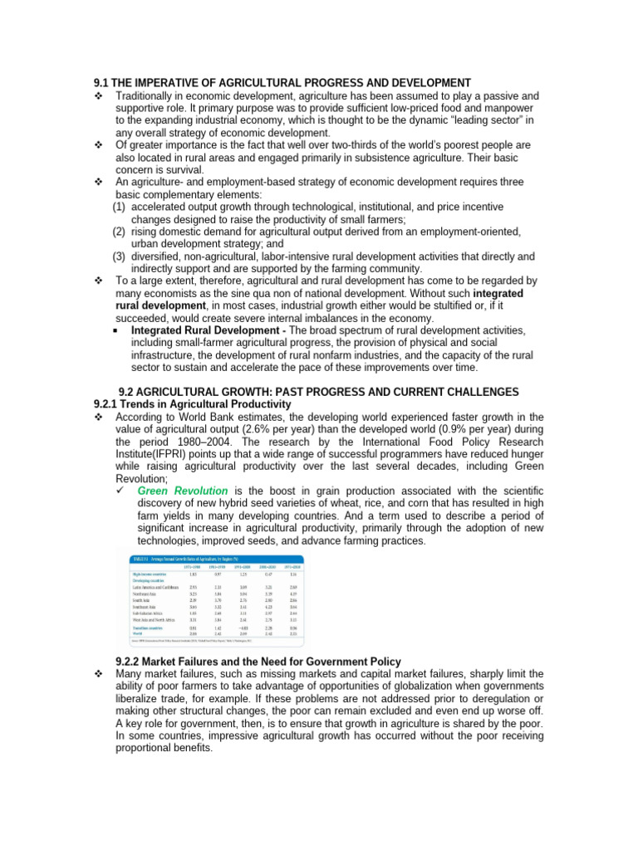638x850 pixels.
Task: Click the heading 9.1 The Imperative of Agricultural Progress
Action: tap(282, 83)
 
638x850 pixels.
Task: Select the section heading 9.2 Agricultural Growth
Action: tap(319, 392)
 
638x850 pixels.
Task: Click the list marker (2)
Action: tap(120, 232)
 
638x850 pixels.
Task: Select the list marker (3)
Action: tap(120, 256)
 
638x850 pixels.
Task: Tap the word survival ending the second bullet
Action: tap(181, 169)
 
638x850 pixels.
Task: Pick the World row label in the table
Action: tap(139, 632)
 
